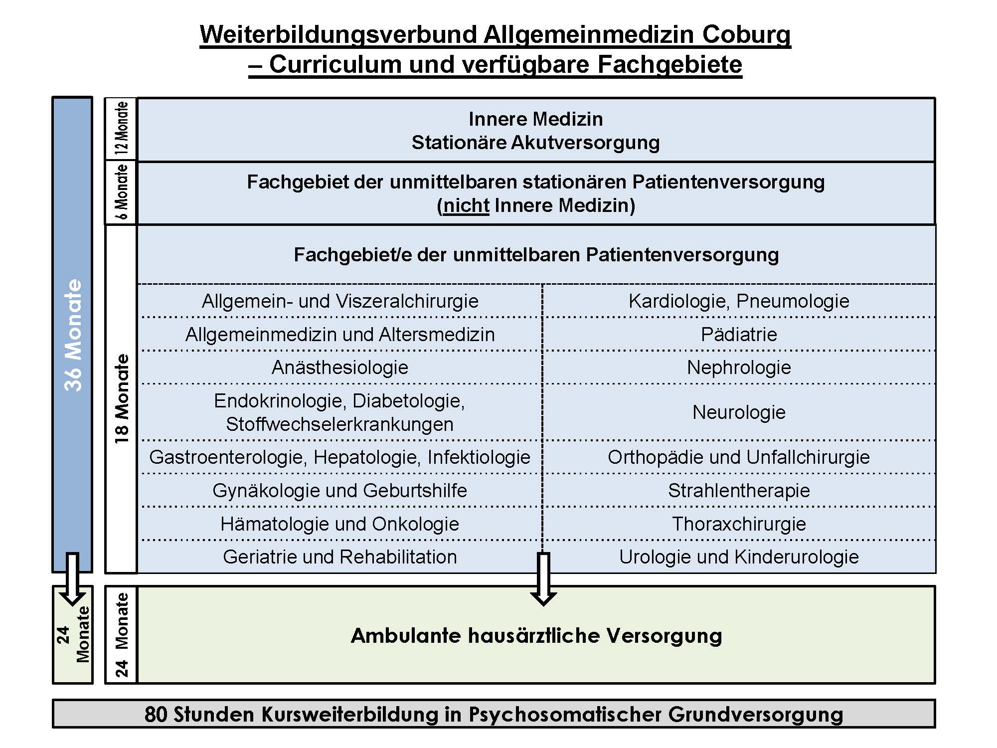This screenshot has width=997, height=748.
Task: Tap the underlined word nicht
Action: point(466,205)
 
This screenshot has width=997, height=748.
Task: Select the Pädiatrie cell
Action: point(739,334)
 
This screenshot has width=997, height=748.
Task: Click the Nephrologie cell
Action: point(739,368)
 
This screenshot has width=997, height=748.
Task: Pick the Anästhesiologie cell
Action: point(340,368)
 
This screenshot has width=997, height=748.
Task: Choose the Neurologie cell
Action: point(739,412)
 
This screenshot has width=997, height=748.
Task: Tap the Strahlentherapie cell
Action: point(739,491)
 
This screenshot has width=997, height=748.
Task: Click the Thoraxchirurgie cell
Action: point(739,524)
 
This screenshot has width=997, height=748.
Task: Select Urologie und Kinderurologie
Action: point(739,557)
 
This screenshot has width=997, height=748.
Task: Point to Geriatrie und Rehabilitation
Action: point(340,557)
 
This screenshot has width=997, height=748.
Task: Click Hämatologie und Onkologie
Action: point(340,524)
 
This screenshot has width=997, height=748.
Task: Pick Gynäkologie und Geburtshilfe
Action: point(340,491)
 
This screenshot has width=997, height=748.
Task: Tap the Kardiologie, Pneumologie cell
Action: point(739,301)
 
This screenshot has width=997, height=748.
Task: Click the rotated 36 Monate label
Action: point(73,335)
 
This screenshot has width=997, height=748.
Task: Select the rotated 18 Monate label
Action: point(122,399)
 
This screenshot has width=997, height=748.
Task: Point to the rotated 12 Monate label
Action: point(122,129)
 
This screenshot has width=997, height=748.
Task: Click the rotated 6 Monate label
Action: point(122,192)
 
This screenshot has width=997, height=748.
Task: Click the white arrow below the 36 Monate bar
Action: point(73,578)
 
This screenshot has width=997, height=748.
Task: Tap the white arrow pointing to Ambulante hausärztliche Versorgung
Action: point(543,578)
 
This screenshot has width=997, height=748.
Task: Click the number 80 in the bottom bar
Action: point(156,714)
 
